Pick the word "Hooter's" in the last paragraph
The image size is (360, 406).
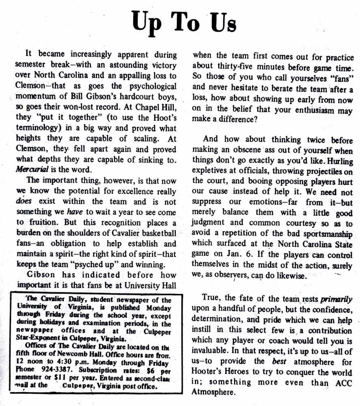pos(209,372)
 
